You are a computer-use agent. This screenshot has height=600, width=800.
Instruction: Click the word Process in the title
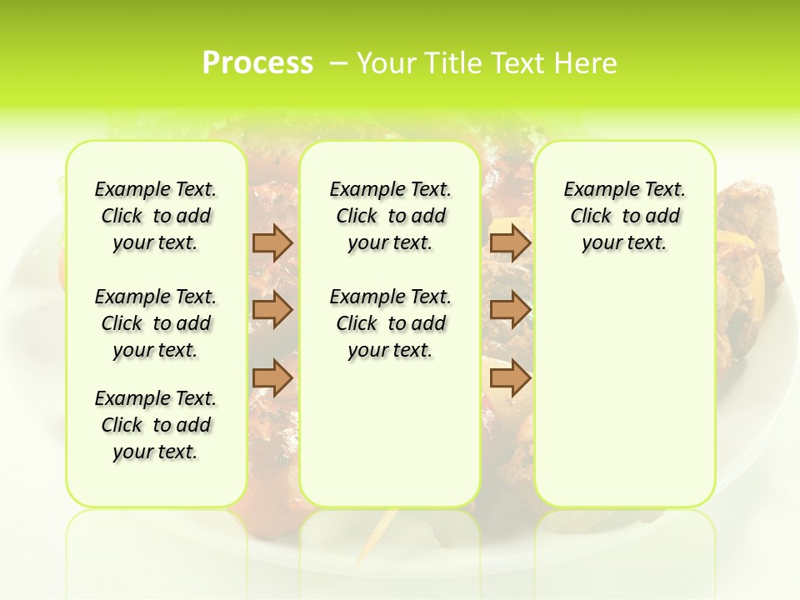(257, 62)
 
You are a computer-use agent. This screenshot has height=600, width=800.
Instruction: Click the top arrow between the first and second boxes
(272, 242)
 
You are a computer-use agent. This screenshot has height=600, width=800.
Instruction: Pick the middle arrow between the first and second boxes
(272, 310)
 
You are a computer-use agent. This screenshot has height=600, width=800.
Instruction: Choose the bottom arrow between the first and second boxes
(272, 377)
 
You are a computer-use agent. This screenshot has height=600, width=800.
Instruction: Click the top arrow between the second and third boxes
(510, 242)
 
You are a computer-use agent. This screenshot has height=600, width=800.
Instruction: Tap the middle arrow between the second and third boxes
(510, 310)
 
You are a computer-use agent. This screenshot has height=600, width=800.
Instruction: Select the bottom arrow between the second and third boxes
(510, 377)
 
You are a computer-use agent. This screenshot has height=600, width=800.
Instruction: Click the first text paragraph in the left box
(156, 216)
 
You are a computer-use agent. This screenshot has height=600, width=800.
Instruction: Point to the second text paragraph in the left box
(156, 323)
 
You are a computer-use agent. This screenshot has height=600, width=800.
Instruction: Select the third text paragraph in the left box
(156, 425)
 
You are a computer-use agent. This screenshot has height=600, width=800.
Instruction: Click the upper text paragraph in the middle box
(390, 216)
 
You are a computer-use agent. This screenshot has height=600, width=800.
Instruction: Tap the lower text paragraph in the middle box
(390, 323)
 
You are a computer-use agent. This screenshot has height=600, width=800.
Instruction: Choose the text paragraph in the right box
(624, 216)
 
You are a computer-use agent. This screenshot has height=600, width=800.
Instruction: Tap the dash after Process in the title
(338, 62)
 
